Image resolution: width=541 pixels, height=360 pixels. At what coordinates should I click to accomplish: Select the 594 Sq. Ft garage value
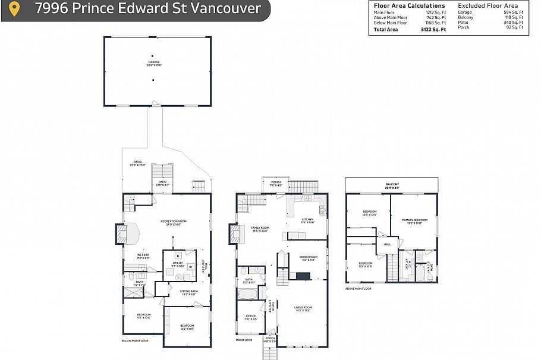tap(514, 12)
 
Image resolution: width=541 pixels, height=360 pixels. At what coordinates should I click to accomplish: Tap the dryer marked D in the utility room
tap(177, 255)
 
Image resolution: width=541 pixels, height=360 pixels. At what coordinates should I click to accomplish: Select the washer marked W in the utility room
tap(190, 267)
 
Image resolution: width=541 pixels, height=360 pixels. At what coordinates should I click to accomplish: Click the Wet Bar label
tap(134, 257)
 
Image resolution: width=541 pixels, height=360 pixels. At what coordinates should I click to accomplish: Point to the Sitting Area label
tap(188, 292)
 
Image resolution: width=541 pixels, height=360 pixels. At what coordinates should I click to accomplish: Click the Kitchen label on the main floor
tap(307, 220)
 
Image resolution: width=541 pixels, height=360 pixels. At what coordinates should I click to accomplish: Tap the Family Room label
tap(260, 229)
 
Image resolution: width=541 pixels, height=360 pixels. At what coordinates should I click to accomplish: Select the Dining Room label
tap(309, 258)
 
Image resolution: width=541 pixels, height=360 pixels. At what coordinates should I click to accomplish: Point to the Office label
tap(251, 317)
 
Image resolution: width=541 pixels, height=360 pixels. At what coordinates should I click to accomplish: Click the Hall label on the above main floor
tap(387, 244)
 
